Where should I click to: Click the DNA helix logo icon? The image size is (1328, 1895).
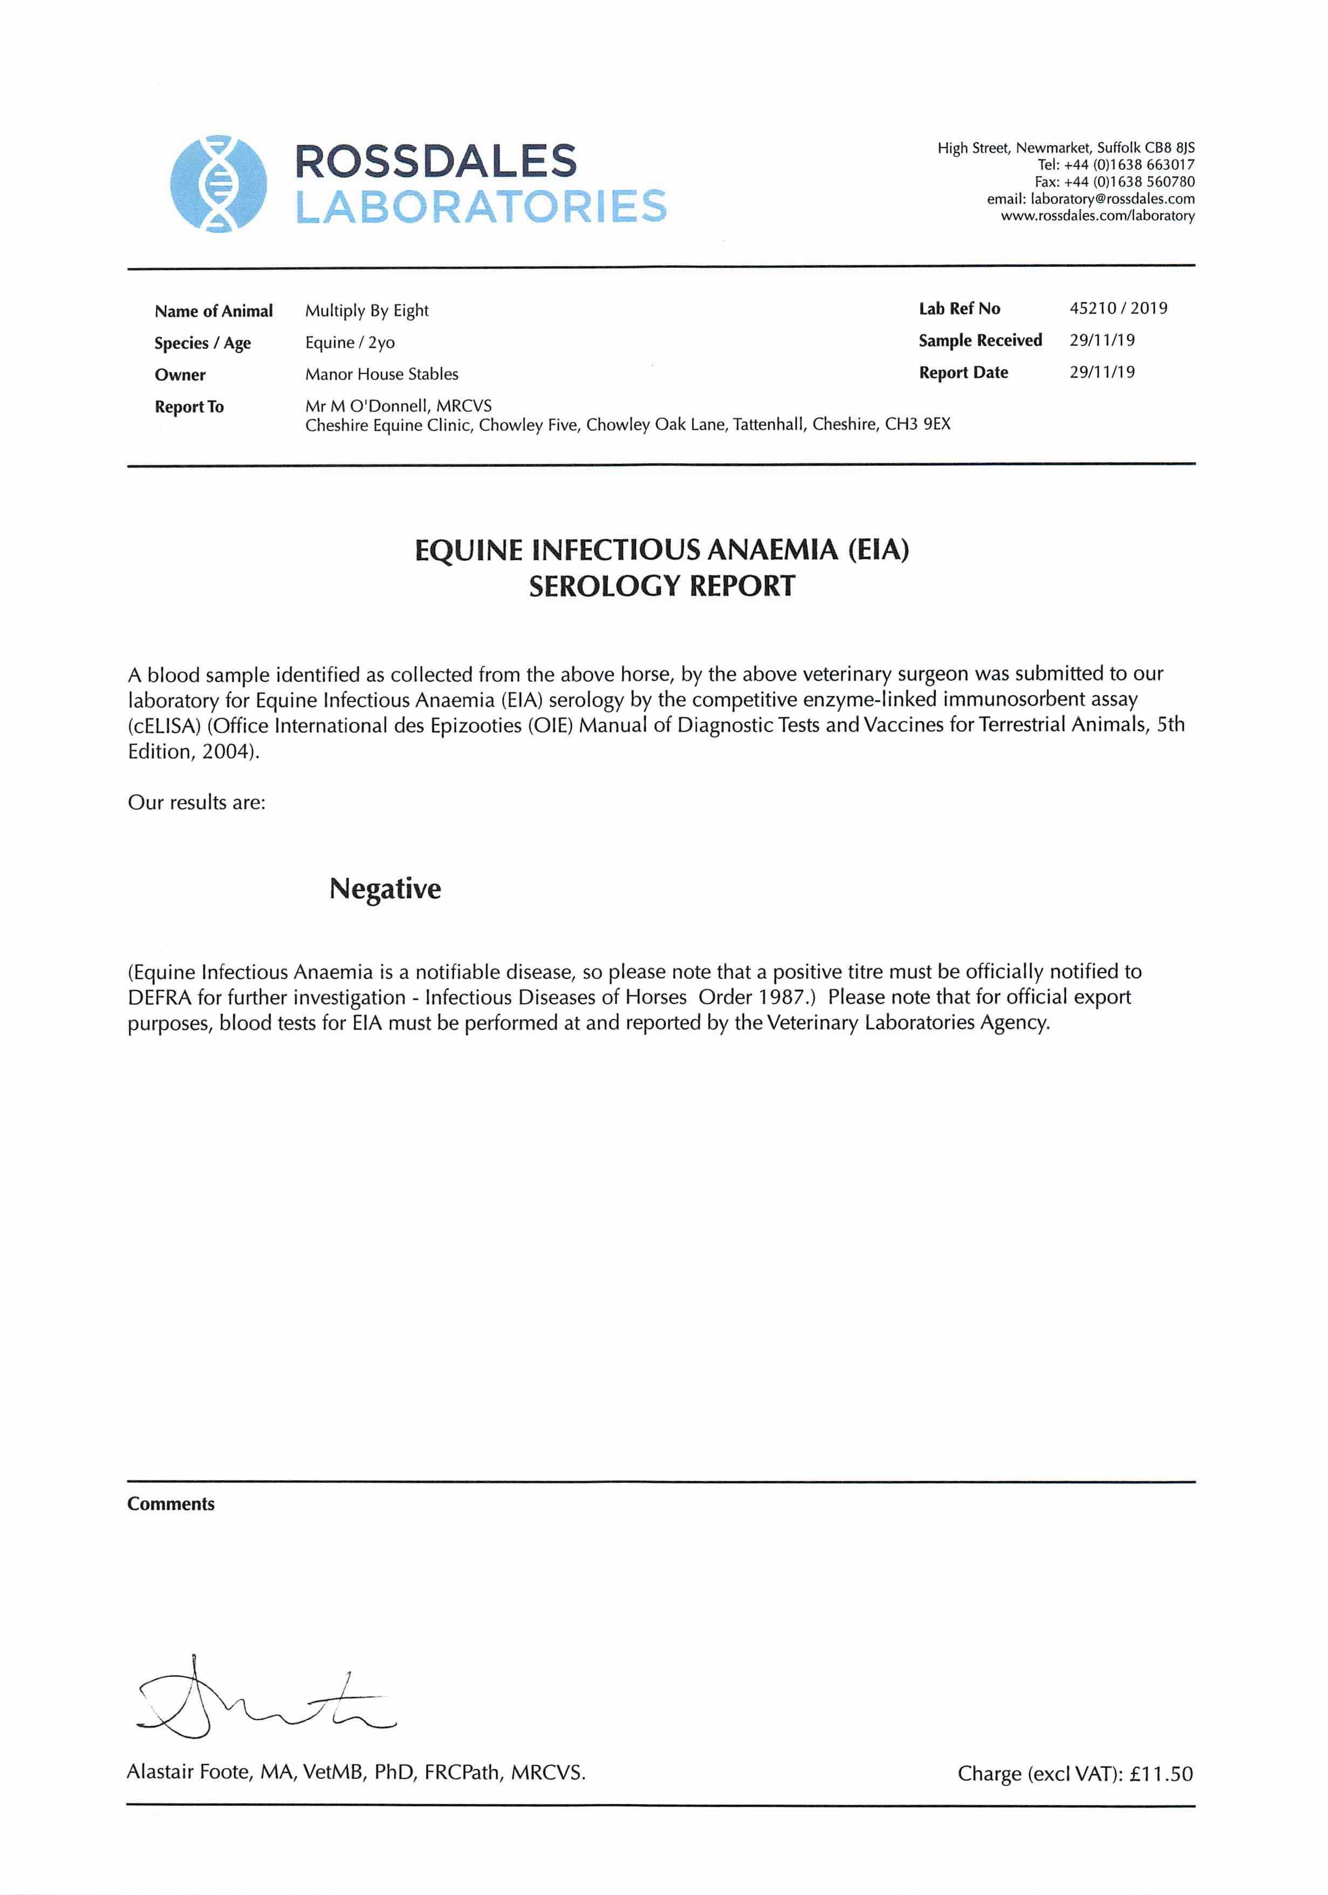pos(218,183)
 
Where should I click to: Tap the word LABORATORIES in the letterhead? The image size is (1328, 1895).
pos(481,207)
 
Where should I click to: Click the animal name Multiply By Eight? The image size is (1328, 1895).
pos(366,311)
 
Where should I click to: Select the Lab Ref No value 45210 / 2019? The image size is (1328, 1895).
pos(1118,308)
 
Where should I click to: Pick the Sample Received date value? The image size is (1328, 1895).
pos(1102,340)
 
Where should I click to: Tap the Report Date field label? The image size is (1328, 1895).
pos(963,372)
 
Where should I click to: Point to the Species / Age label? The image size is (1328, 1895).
pos(202,344)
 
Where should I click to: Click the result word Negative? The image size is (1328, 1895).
pos(385,889)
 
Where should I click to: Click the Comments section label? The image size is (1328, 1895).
pos(171,1504)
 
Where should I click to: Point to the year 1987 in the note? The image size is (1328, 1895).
pos(780,997)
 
